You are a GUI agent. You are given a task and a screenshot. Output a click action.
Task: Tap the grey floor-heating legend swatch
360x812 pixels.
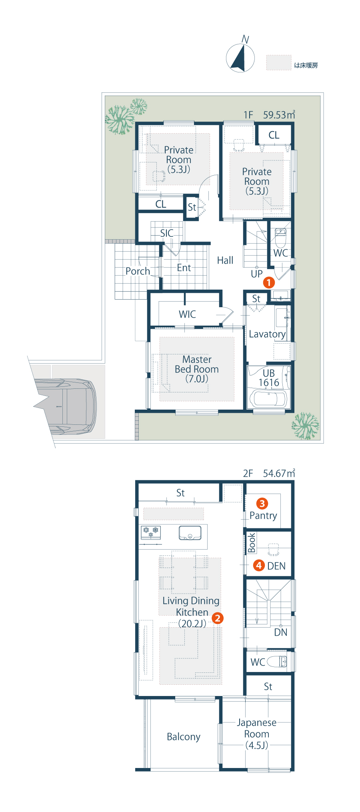coord(279,63)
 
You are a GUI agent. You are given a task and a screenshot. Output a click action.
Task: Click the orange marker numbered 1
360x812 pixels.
coord(269,282)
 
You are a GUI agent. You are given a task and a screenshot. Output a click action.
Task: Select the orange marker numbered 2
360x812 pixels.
coord(217,618)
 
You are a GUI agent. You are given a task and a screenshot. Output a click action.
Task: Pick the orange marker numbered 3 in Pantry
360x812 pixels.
coord(262,504)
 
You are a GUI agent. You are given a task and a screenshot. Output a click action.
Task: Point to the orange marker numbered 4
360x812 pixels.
coord(259,565)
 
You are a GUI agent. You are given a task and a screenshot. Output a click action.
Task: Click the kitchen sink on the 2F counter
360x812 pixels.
coord(190,532)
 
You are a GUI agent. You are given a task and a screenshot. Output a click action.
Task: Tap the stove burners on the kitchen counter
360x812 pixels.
coord(151,532)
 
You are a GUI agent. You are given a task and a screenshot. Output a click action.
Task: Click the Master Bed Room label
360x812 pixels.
coord(197,369)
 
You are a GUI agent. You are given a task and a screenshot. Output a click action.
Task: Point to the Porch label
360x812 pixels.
coord(138,271)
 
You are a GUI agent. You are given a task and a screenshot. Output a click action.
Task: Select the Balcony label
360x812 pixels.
coord(184,737)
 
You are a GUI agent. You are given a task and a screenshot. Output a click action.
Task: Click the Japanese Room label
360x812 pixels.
coord(256,734)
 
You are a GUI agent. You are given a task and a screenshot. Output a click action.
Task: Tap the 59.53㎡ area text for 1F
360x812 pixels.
coord(279,115)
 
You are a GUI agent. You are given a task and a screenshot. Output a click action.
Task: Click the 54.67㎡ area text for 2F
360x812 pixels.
coord(279,473)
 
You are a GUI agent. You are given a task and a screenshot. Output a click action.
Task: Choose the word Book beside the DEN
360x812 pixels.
coord(252,543)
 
